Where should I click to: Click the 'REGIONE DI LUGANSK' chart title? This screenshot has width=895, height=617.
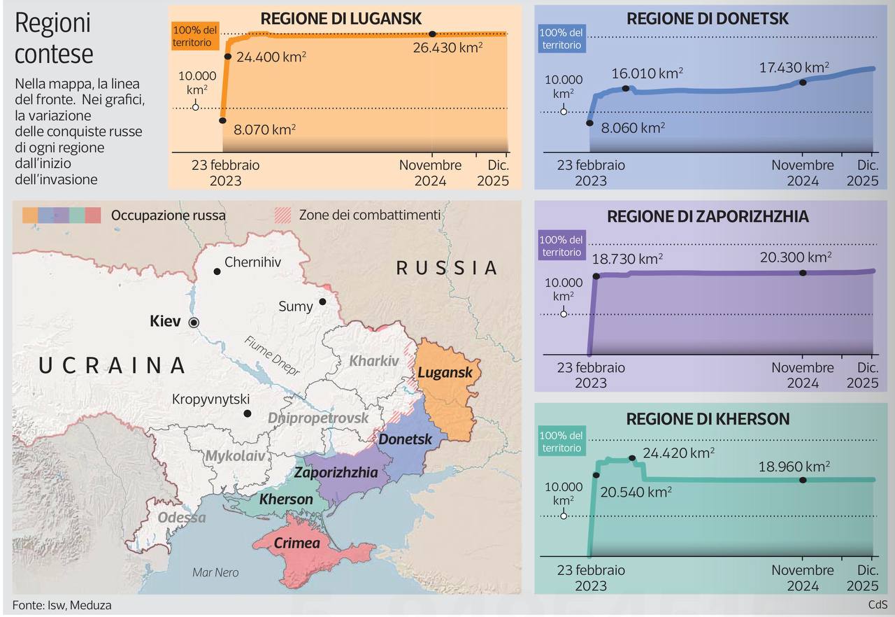point(341,19)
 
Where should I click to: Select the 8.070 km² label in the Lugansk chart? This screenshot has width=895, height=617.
point(264,129)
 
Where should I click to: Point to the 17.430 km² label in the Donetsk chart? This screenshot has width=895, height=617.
point(794,68)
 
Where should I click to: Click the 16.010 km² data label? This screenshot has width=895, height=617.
point(647,73)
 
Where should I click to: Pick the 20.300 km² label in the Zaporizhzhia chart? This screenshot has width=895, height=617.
point(795,257)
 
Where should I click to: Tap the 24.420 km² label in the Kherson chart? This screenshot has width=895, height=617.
point(678,453)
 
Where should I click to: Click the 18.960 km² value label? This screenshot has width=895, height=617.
point(794,466)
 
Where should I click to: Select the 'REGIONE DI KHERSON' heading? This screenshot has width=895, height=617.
point(708,419)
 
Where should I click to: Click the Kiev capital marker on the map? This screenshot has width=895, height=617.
point(194,322)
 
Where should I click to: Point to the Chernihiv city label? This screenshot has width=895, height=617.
point(252,263)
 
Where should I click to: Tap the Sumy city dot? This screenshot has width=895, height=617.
point(322,302)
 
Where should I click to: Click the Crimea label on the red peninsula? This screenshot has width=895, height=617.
point(296,543)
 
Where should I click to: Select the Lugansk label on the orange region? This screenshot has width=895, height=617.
point(445,372)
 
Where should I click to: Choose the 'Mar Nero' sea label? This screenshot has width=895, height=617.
point(215,572)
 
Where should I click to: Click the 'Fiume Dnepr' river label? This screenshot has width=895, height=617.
point(272,356)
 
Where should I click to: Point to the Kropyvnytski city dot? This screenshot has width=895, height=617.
point(247,413)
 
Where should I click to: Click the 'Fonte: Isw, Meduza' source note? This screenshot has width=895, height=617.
point(62,605)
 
